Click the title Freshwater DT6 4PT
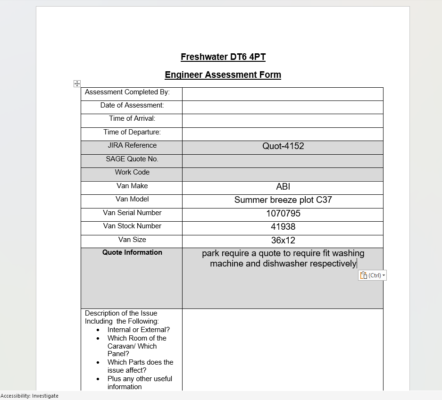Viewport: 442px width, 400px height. [x=223, y=57]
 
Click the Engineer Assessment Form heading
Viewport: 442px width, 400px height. [x=223, y=75]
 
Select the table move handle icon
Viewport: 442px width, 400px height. [x=77, y=83]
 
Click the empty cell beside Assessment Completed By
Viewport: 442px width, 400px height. [x=283, y=94]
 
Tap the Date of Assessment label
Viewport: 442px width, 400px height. [x=132, y=105]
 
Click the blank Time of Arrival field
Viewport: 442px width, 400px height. [x=283, y=120]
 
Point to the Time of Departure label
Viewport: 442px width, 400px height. [x=132, y=132]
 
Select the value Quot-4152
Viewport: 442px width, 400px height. [x=283, y=146]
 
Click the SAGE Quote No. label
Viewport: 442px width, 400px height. [x=132, y=159]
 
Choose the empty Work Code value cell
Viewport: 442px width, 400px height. [x=283, y=174]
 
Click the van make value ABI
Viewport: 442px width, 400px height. [x=283, y=187]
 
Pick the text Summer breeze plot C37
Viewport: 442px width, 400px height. [x=283, y=200]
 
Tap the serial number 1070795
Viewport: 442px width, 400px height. [x=283, y=214]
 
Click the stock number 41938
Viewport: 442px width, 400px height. [x=283, y=227]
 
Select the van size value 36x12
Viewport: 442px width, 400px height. [x=283, y=241]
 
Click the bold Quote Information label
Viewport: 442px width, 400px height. [x=132, y=252]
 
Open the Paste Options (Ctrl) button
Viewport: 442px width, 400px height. [x=372, y=275]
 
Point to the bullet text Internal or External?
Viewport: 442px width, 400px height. [x=139, y=330]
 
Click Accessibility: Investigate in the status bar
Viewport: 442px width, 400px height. [x=30, y=396]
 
